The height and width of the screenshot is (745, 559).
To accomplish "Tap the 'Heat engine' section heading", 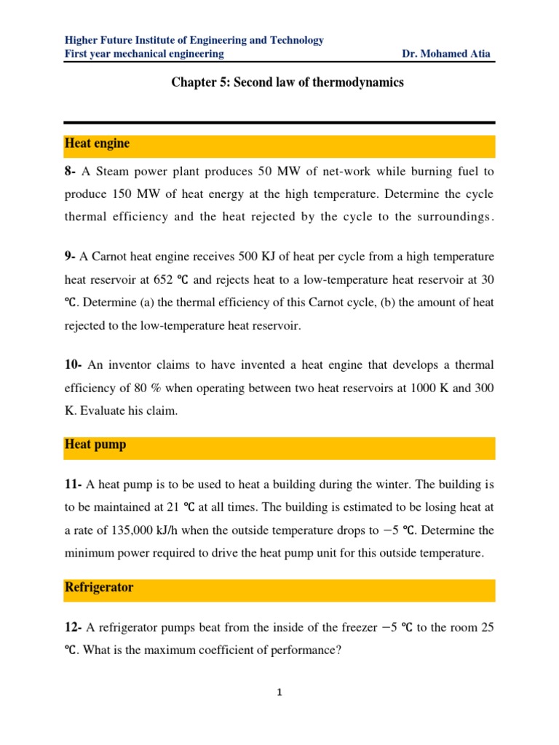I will [x=97, y=144].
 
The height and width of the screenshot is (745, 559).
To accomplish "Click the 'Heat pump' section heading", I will [x=95, y=445].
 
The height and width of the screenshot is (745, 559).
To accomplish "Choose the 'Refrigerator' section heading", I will [x=99, y=588].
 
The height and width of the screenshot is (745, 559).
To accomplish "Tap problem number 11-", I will [x=74, y=484].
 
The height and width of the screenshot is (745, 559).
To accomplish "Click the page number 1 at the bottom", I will [x=279, y=693].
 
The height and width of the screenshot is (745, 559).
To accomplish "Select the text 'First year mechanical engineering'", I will [x=144, y=55].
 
